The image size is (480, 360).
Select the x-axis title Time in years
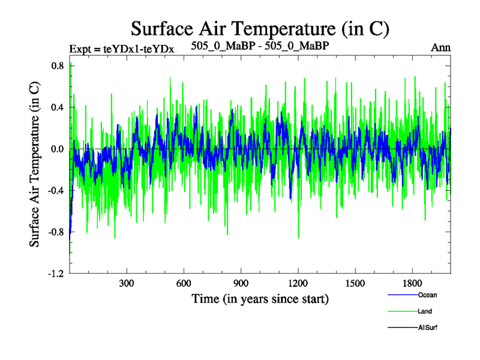tap(260, 298)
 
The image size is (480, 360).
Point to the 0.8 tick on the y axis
tap(57, 65)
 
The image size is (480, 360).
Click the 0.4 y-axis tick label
tap(57, 107)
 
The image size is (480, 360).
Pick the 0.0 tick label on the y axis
tap(57, 149)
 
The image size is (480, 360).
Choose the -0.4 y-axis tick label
tap(56, 190)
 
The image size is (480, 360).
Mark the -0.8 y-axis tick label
tap(56, 232)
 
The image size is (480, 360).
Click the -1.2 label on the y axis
tap(56, 274)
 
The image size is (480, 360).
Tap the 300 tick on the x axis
tap(127, 283)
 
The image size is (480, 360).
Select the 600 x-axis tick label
tap(184, 283)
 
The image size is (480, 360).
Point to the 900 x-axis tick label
tap(241, 283)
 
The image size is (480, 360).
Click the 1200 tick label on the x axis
tap(298, 283)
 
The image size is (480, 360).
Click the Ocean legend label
tap(427, 295)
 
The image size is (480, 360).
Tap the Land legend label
tap(425, 311)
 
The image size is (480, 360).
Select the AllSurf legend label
tap(428, 328)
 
